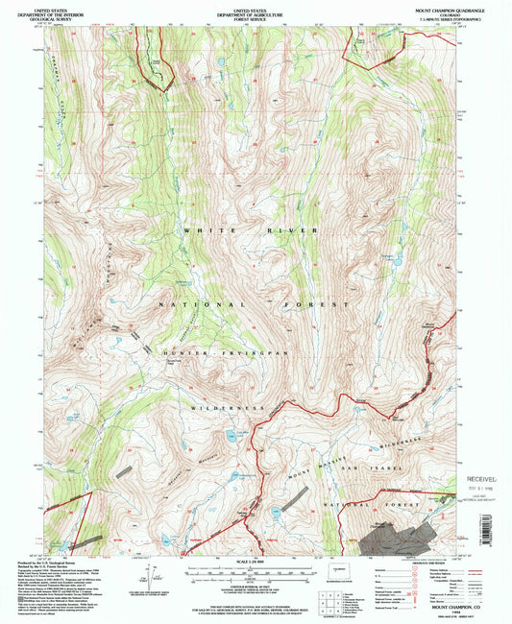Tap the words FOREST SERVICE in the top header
(256, 13)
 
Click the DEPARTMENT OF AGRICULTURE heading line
(256, 9)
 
